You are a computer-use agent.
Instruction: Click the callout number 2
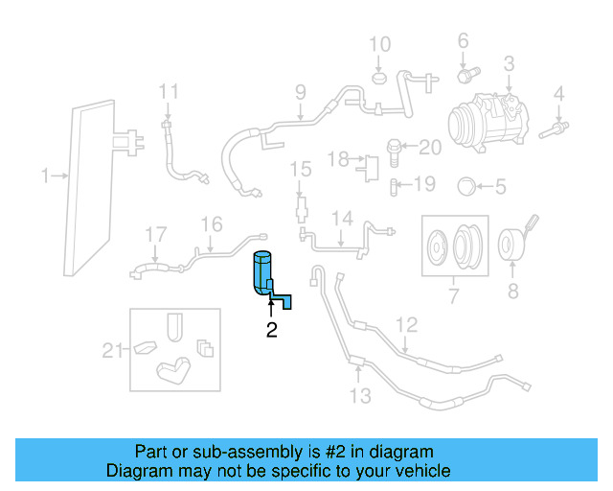pos(271,331)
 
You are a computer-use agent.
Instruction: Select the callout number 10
pos(380,44)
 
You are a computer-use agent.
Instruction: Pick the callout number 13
pos(359,395)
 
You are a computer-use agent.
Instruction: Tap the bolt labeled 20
pos(395,148)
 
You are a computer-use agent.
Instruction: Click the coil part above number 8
pos(512,245)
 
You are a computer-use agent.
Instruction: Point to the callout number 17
pos(156,233)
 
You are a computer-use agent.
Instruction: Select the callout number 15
pos(302,170)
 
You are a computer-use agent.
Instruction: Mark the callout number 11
pos(169,92)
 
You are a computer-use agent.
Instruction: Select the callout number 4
pos(558,94)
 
